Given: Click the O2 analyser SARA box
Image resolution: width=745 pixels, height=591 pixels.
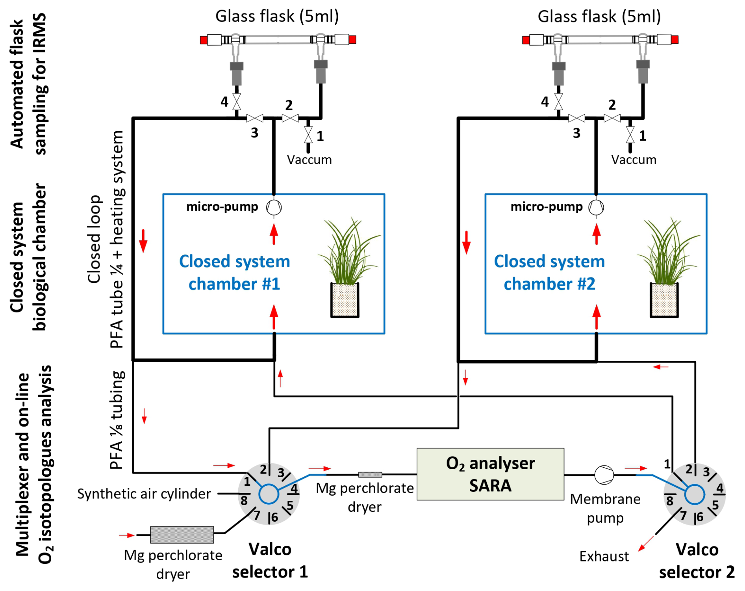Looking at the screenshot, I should (x=490, y=474).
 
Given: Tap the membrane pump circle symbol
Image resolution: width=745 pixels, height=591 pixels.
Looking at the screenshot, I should (x=604, y=475).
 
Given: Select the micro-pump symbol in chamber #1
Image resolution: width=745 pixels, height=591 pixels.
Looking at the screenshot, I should (x=274, y=207).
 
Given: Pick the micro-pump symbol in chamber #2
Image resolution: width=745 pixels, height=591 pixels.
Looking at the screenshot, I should (x=596, y=207).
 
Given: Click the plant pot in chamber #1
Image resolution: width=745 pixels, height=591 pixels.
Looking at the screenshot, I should (x=345, y=300).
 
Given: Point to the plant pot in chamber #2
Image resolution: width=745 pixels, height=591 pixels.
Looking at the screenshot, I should (x=664, y=300).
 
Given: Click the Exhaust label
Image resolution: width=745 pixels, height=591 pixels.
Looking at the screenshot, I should (x=604, y=556).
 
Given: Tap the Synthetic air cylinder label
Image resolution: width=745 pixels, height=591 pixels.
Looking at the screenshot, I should (x=144, y=494).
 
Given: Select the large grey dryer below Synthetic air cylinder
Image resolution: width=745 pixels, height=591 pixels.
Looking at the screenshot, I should (x=182, y=535).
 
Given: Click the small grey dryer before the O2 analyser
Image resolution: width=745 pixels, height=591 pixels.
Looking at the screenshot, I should (x=370, y=474).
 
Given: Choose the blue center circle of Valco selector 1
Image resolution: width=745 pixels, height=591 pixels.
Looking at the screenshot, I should (x=269, y=494).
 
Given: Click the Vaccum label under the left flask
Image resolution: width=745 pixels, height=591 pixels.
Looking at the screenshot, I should (x=309, y=160).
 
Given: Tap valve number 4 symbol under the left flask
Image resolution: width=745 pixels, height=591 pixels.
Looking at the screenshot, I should (x=237, y=102).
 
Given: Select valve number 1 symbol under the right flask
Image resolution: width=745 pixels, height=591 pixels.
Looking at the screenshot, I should (x=630, y=135).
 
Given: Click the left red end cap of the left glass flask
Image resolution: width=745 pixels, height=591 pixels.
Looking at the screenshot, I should (x=204, y=40).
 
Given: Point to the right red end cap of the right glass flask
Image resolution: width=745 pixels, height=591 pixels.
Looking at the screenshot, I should (x=675, y=39).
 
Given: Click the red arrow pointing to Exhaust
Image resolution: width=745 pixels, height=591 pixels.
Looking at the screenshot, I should (x=646, y=543).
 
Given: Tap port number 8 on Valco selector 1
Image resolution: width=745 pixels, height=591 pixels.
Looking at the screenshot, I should (x=244, y=500).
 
